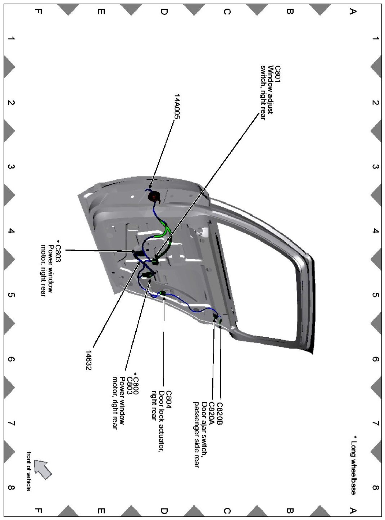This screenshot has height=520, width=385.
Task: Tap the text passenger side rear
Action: pyautogui.click(x=196, y=434)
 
